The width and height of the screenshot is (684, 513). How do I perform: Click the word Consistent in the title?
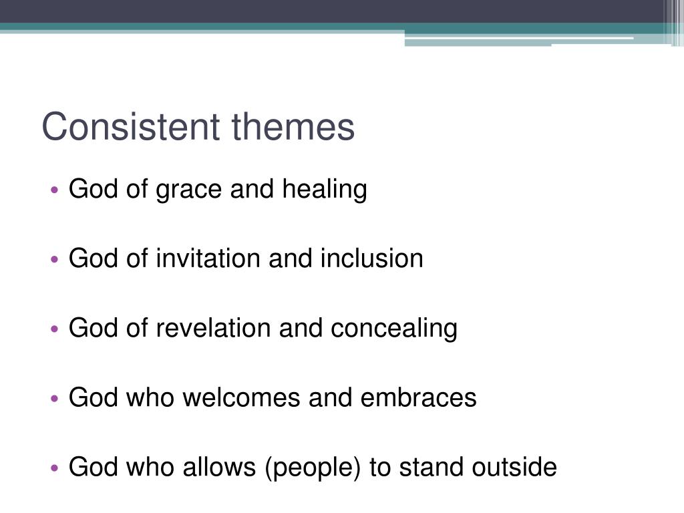[x=132, y=127]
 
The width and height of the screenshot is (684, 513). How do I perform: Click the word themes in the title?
[x=293, y=127]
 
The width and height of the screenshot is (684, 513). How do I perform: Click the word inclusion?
[x=371, y=259]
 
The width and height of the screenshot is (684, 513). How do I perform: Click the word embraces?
[x=419, y=397]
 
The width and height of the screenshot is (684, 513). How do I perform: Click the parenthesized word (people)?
[x=313, y=468]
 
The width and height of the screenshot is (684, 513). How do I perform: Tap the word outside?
[x=514, y=467]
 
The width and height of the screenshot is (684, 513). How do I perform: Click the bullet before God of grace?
[x=55, y=191]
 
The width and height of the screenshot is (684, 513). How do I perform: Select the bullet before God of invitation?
[x=55, y=260]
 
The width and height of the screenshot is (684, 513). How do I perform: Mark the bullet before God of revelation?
[x=55, y=329]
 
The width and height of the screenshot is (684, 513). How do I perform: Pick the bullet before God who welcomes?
[x=55, y=399]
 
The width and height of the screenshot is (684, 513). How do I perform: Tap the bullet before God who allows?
[x=55, y=468]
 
